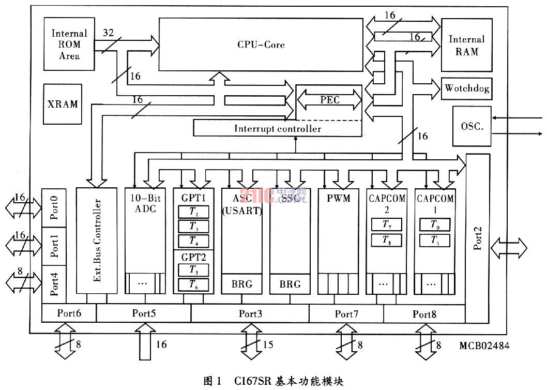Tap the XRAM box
tap(63, 104)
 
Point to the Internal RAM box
tap(467, 46)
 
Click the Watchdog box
tap(466, 89)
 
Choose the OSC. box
tap(472, 126)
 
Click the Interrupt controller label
tap(277, 128)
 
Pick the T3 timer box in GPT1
tap(193, 227)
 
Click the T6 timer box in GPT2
tap(193, 283)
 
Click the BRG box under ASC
tap(241, 284)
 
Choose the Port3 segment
tap(250, 313)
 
